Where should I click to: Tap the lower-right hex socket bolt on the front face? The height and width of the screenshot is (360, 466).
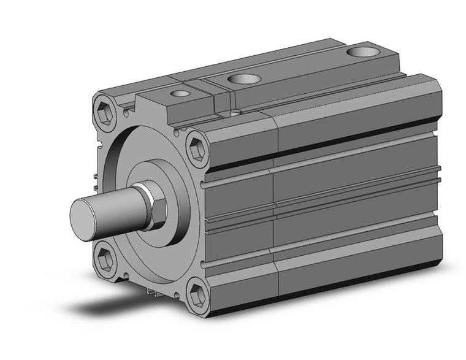(x=197, y=293)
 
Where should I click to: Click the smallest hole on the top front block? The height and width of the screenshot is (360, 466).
(x=180, y=94)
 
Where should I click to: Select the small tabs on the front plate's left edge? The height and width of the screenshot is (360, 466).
(x=96, y=182)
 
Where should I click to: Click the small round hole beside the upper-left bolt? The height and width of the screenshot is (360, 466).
(x=126, y=113)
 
